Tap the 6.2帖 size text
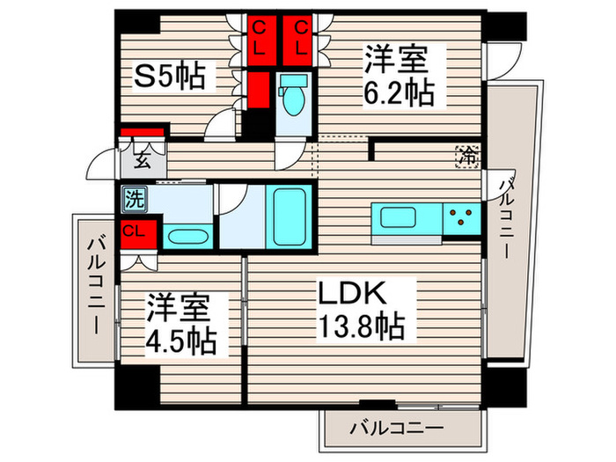coord(396,91)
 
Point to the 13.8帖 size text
coord(363,327)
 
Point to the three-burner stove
coord(459,216)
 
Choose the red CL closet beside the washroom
coord(137,231)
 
